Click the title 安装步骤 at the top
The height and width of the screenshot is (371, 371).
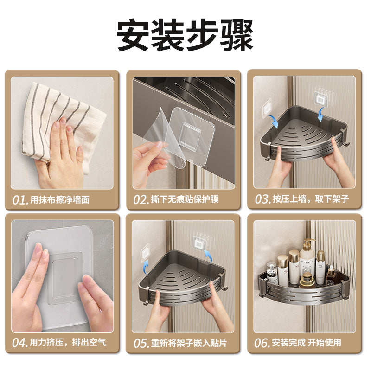185,35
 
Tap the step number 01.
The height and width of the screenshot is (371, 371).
20,200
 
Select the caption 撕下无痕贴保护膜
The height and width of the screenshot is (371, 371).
185,199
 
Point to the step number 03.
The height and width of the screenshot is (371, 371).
262,199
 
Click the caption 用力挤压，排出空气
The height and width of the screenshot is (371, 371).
68,342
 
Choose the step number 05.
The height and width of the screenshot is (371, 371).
141,343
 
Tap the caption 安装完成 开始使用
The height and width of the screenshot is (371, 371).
307,342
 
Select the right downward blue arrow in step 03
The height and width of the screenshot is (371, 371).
320,114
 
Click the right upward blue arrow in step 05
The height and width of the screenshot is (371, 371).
208,256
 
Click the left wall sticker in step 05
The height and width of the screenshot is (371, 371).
145,251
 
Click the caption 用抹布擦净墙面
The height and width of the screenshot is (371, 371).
60,200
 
